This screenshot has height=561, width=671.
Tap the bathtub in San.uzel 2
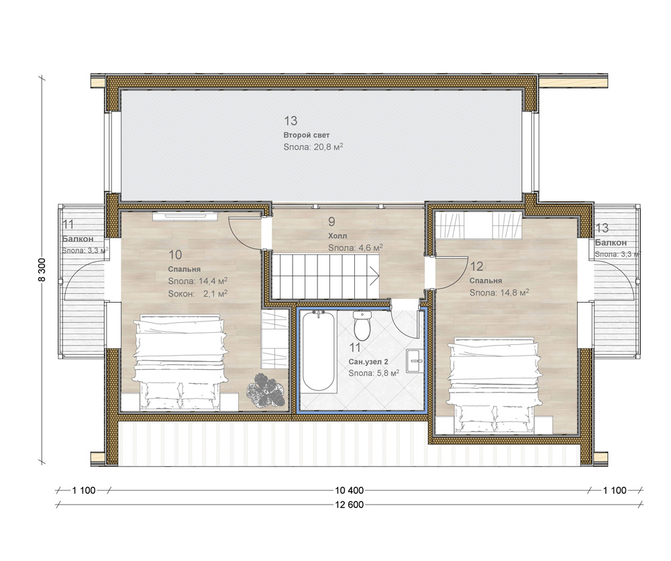[x=318, y=352]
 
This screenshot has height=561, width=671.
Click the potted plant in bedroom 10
[x=265, y=390]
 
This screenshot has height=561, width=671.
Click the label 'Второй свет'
[x=307, y=136]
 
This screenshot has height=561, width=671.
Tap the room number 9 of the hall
[x=331, y=221]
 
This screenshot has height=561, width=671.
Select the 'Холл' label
[x=338, y=236]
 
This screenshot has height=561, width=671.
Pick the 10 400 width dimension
[x=349, y=491]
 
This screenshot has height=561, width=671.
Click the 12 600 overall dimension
[x=349, y=505]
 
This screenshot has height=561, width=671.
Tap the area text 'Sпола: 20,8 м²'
[x=313, y=147]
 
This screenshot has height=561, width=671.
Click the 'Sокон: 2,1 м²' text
[x=198, y=294]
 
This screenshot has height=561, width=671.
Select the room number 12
[x=476, y=266]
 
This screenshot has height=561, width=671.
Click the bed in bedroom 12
[x=495, y=385]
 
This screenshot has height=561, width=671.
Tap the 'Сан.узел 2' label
[x=368, y=362]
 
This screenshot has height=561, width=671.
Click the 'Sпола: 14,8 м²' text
[x=499, y=293]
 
